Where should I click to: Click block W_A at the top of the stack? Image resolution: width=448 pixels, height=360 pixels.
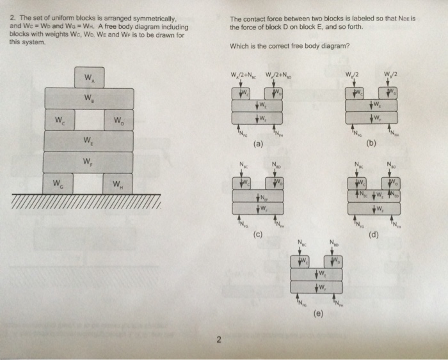[x=89, y=77]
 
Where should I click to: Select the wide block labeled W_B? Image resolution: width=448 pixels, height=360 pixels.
[x=89, y=98]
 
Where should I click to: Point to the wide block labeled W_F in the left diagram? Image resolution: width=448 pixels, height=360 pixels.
[x=89, y=162]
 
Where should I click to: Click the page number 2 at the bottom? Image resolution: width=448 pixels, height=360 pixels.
[x=218, y=340]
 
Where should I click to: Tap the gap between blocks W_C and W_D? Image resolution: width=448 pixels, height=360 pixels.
[x=89, y=120]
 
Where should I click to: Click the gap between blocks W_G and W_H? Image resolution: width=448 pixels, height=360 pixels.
[x=89, y=184]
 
